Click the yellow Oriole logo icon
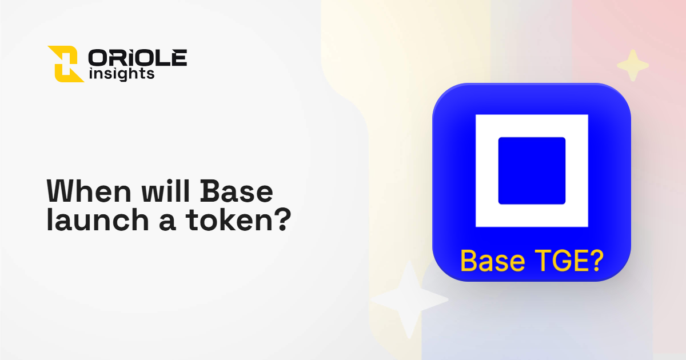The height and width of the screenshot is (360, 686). coord(65,63)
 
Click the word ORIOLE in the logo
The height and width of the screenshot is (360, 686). coord(137,57)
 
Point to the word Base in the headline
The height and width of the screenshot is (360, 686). coord(236,192)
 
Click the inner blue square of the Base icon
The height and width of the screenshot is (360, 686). coord(532,171)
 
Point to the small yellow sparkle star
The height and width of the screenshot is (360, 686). coord(632,65)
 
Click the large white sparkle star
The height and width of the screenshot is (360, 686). coord(409,299)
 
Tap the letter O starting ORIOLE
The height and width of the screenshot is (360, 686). coord(97,57)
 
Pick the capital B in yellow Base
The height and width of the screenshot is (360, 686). coord(468,261)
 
